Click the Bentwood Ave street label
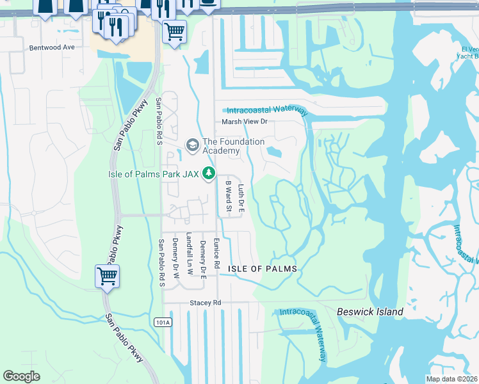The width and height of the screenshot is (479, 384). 53,47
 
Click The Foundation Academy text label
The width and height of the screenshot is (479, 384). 233,146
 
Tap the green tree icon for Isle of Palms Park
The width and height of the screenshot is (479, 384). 208,173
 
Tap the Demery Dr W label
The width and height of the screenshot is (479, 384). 175,254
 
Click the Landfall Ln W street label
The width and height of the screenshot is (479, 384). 188,253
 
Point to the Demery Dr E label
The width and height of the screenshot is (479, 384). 202,254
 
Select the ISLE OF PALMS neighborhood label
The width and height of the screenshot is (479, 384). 263,269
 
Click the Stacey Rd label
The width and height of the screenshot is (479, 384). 204,302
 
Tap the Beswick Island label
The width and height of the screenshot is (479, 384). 370,312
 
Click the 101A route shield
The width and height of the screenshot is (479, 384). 163,323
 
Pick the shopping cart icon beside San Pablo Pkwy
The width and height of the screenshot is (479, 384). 107,276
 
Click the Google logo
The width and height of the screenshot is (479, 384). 21,376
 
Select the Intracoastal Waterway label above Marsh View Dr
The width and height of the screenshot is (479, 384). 268,110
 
